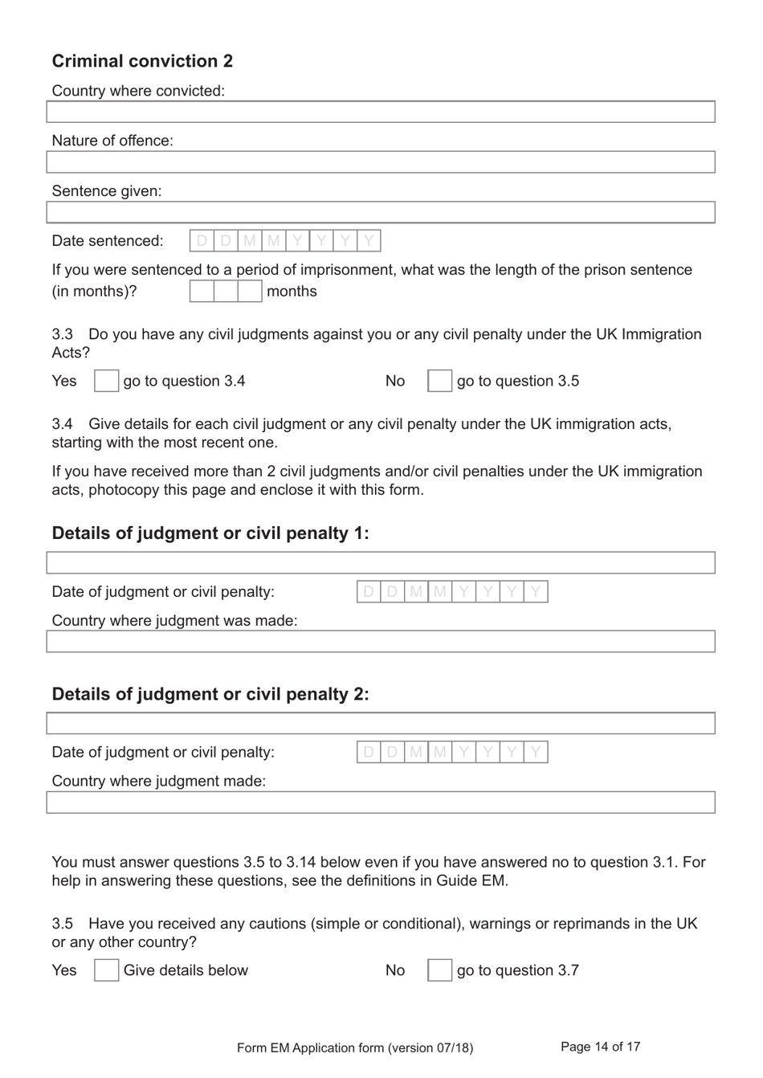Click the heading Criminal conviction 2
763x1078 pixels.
[142, 61]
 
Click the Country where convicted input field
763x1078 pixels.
[381, 112]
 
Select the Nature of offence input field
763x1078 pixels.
[381, 161]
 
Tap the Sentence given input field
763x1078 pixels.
[381, 212]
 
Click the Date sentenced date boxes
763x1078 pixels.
[285, 241]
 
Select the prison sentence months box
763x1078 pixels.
[226, 291]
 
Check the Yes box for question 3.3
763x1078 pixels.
[106, 381]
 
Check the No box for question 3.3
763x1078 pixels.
[439, 381]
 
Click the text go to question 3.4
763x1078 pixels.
[184, 381]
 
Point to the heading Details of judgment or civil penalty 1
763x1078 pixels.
[210, 533]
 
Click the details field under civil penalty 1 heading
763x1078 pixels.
[381, 562]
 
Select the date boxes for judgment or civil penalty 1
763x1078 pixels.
[452, 592]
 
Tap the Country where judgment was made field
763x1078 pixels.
[381, 641]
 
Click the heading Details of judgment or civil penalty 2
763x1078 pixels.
[210, 694]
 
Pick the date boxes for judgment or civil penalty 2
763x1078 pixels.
[452, 753]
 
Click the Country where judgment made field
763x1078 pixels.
[381, 802]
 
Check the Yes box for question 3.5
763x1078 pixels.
[106, 970]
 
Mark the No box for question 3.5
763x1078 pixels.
[439, 970]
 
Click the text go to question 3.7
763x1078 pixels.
[518, 970]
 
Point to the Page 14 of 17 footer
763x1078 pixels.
[600, 1047]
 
